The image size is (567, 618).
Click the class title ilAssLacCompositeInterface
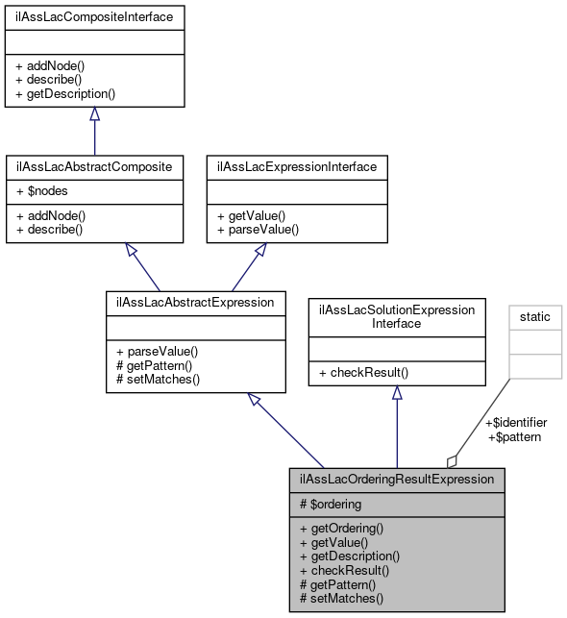94,16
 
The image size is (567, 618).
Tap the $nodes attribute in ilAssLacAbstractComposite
46,191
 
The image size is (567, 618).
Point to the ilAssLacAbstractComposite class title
94,166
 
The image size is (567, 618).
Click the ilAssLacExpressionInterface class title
298,166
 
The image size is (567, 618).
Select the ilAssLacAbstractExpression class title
195,303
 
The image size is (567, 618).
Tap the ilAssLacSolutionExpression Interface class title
396,316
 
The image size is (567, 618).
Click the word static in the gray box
534,316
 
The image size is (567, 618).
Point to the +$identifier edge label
515,422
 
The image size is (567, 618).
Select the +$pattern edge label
515,436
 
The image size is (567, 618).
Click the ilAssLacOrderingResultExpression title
396,479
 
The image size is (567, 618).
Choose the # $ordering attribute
331,504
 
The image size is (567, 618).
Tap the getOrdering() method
341,528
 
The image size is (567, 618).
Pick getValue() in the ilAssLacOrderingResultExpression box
334,542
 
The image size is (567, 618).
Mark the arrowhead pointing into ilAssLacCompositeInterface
94,113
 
